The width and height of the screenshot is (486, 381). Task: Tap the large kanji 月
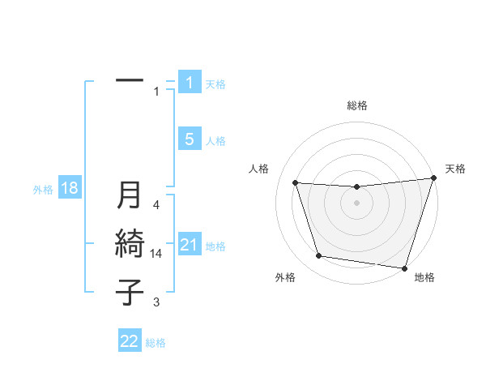tap(130, 195)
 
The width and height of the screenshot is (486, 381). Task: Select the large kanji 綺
tap(130, 243)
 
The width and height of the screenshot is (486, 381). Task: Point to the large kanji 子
tap(130, 291)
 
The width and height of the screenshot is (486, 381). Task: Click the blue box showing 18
tap(69, 189)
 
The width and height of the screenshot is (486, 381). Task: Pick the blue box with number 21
tap(189, 245)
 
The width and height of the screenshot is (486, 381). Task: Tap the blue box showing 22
tap(130, 341)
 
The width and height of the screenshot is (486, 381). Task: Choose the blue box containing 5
tap(189, 139)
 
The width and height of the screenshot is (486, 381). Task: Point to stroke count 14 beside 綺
tap(156, 253)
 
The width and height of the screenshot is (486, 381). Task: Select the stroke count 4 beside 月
tap(156, 205)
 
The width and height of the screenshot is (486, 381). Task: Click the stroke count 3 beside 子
tap(156, 302)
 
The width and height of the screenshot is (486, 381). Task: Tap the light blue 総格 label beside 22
tap(156, 343)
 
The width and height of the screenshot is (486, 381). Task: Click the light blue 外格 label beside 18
tap(43, 190)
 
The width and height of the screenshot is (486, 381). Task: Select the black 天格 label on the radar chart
tap(455, 169)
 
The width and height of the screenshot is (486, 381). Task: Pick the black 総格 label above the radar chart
tap(356, 105)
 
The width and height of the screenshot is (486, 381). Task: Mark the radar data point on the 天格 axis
tap(433, 178)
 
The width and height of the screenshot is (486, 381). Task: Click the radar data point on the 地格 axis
tap(404, 268)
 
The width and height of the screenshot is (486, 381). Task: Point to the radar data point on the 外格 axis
tap(319, 256)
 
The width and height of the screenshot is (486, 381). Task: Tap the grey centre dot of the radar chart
tap(356, 203)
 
